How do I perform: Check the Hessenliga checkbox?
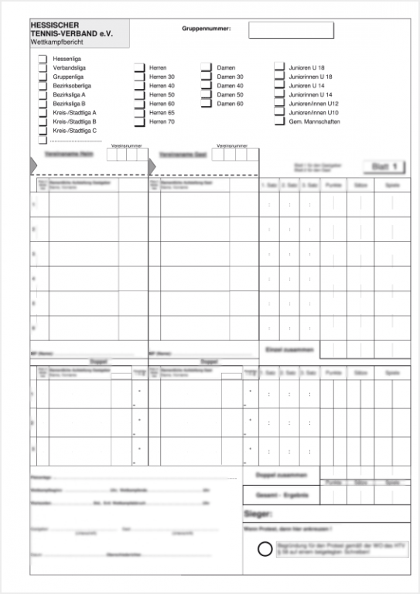[43, 59]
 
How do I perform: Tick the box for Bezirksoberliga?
[43, 86]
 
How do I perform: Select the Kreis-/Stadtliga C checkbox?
[43, 131]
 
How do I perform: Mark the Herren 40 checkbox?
[139, 86]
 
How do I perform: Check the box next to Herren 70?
[139, 121]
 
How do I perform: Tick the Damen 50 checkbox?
[207, 94]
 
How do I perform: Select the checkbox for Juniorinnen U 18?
[279, 77]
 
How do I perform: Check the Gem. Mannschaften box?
[279, 121]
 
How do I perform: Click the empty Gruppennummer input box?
[291, 30]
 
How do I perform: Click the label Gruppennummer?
[207, 28]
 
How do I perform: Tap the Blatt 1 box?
[384, 167]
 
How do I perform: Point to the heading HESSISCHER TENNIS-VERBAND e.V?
[70, 30]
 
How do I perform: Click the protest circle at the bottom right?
[265, 550]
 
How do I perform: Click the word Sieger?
[258, 514]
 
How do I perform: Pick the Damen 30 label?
[230, 77]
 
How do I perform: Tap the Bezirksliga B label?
[69, 104]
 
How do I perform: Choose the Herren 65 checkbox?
[139, 113]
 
